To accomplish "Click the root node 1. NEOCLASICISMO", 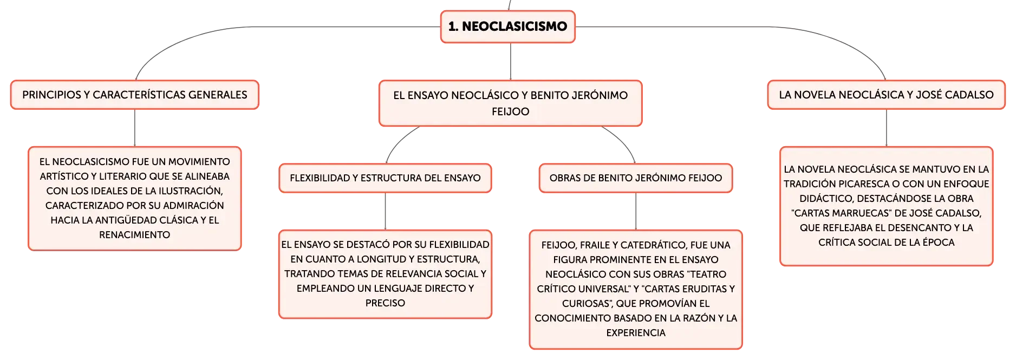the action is [x=507, y=27].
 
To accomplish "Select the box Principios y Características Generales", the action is [x=135, y=95].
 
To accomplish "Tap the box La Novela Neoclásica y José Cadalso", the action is [x=886, y=95].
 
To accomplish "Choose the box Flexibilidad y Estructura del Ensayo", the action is [x=385, y=178].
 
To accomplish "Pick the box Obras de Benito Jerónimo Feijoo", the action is [x=636, y=178].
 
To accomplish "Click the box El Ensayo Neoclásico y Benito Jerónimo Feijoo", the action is [x=510, y=103].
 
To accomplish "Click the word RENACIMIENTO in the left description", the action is [x=134, y=235].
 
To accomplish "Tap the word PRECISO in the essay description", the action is [x=385, y=303].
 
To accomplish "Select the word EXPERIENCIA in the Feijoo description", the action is [x=636, y=333].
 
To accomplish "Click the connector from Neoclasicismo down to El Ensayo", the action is [x=511, y=62].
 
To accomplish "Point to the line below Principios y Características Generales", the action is [x=135, y=128].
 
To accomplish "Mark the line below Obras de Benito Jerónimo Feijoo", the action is [x=636, y=212].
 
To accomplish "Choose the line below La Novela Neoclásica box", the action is [x=887, y=128].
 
